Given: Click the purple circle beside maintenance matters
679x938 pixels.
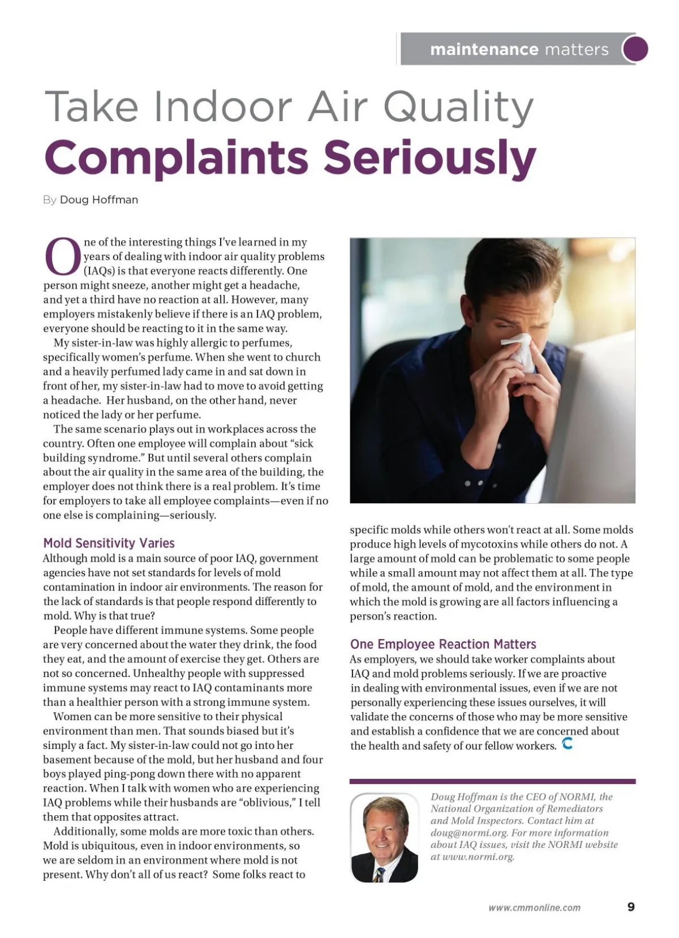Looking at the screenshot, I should (635, 49).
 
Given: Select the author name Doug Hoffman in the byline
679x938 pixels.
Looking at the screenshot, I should (99, 200).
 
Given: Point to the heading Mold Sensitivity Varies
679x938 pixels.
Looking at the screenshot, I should (109, 543).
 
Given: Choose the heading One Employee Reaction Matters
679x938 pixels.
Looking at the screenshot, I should (443, 644).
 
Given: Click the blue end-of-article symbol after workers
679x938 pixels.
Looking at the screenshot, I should (568, 744).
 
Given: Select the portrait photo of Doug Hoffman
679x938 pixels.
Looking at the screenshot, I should (385, 838).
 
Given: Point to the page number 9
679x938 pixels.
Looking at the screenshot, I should (631, 907).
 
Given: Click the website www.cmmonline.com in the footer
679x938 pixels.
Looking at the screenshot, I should (535, 907).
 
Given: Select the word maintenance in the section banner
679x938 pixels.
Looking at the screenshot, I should (484, 49).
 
